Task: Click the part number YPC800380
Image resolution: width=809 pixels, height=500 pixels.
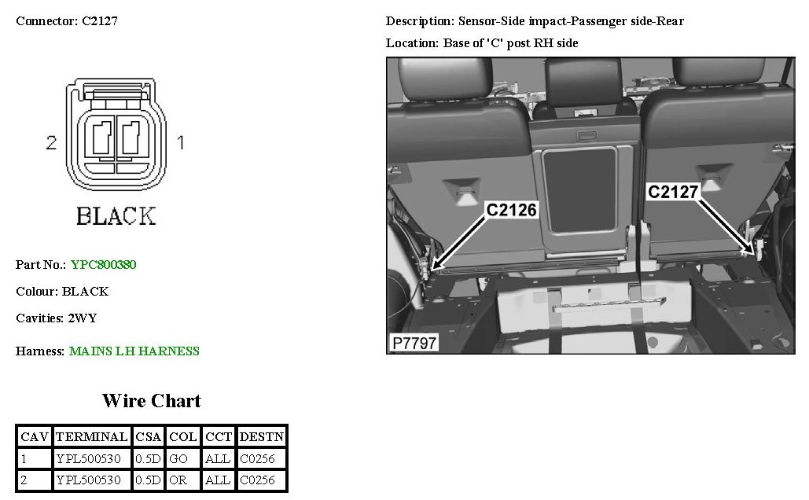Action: (x=103, y=265)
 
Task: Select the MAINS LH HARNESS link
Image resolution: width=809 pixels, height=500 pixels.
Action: (x=134, y=351)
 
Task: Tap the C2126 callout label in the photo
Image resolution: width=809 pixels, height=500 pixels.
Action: (x=511, y=210)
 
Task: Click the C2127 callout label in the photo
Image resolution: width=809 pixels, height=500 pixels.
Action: (x=673, y=192)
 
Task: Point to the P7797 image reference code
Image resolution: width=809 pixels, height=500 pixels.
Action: (x=414, y=343)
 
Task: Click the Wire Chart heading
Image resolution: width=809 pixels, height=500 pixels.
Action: (x=152, y=401)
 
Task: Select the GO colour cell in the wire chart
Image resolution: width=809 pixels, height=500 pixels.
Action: (x=178, y=458)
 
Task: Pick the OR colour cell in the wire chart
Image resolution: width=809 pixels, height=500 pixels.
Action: (x=178, y=480)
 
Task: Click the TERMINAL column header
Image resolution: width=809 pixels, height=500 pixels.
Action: (x=92, y=437)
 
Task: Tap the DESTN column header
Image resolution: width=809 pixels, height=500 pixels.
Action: (x=262, y=437)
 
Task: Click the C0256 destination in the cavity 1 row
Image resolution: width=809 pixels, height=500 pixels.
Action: (x=257, y=458)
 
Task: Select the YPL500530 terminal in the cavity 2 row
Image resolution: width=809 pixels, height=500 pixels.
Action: (x=89, y=480)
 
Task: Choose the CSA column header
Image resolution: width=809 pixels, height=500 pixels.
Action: (x=149, y=437)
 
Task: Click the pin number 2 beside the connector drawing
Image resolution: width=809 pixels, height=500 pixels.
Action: (x=51, y=143)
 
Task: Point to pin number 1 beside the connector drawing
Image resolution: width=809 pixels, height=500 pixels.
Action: (x=181, y=142)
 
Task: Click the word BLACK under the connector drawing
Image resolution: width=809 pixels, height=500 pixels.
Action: (x=116, y=216)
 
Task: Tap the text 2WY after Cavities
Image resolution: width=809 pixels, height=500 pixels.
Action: (x=83, y=318)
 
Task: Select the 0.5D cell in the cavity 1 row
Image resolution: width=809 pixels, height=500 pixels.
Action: (x=148, y=458)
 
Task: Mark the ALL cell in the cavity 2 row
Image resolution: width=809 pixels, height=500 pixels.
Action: (x=218, y=480)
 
